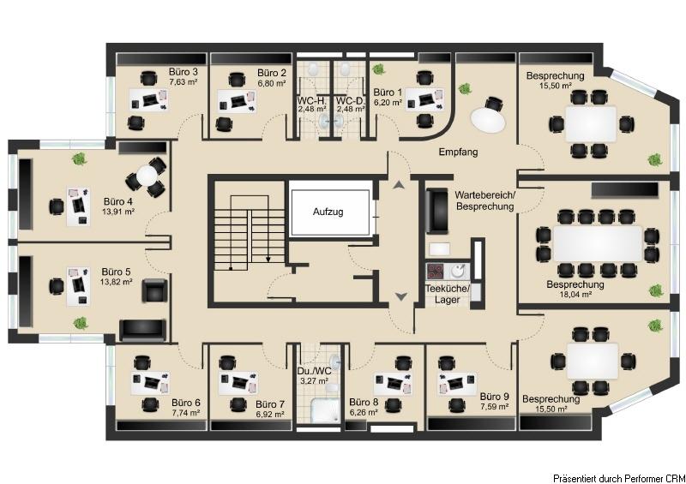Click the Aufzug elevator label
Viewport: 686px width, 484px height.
[328, 212]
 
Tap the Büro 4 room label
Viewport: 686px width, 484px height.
[118, 201]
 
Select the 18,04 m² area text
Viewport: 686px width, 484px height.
[575, 295]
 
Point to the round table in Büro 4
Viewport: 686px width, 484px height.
[147, 176]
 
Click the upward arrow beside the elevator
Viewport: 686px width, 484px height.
[399, 185]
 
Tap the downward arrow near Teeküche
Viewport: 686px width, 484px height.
[401, 296]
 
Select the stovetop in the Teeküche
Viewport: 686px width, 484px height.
[436, 271]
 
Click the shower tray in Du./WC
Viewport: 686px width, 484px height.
[325, 410]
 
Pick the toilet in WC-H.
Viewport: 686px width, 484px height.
[313, 69]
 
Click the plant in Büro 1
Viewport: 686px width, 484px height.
[378, 69]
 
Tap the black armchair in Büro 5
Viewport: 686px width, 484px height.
[154, 290]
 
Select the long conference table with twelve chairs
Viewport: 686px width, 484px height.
[598, 243]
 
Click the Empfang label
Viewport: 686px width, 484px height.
[458, 152]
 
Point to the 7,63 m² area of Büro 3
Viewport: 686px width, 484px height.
[184, 81]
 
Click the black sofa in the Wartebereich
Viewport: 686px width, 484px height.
[436, 211]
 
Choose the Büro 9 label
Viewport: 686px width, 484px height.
[495, 397]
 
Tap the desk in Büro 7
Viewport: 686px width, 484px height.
[238, 383]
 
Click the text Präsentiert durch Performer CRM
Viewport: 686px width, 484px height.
[618, 478]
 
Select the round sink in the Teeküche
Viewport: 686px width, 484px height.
[458, 271]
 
